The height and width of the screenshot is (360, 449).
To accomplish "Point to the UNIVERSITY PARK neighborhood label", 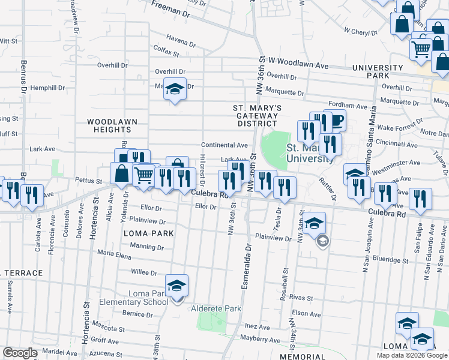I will point(378,71).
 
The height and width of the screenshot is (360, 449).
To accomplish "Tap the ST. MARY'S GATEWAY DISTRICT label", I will point(257,115).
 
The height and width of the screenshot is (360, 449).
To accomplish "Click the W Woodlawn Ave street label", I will point(298,61).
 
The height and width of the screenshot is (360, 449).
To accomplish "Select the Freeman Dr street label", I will point(170,8).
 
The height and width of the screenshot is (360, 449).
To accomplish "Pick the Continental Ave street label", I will point(224,145).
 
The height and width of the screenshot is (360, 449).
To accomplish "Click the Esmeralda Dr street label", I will point(246,265).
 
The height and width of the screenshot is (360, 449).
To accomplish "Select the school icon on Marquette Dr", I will point(175,89).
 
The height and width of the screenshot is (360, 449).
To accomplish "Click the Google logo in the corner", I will point(20,353).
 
